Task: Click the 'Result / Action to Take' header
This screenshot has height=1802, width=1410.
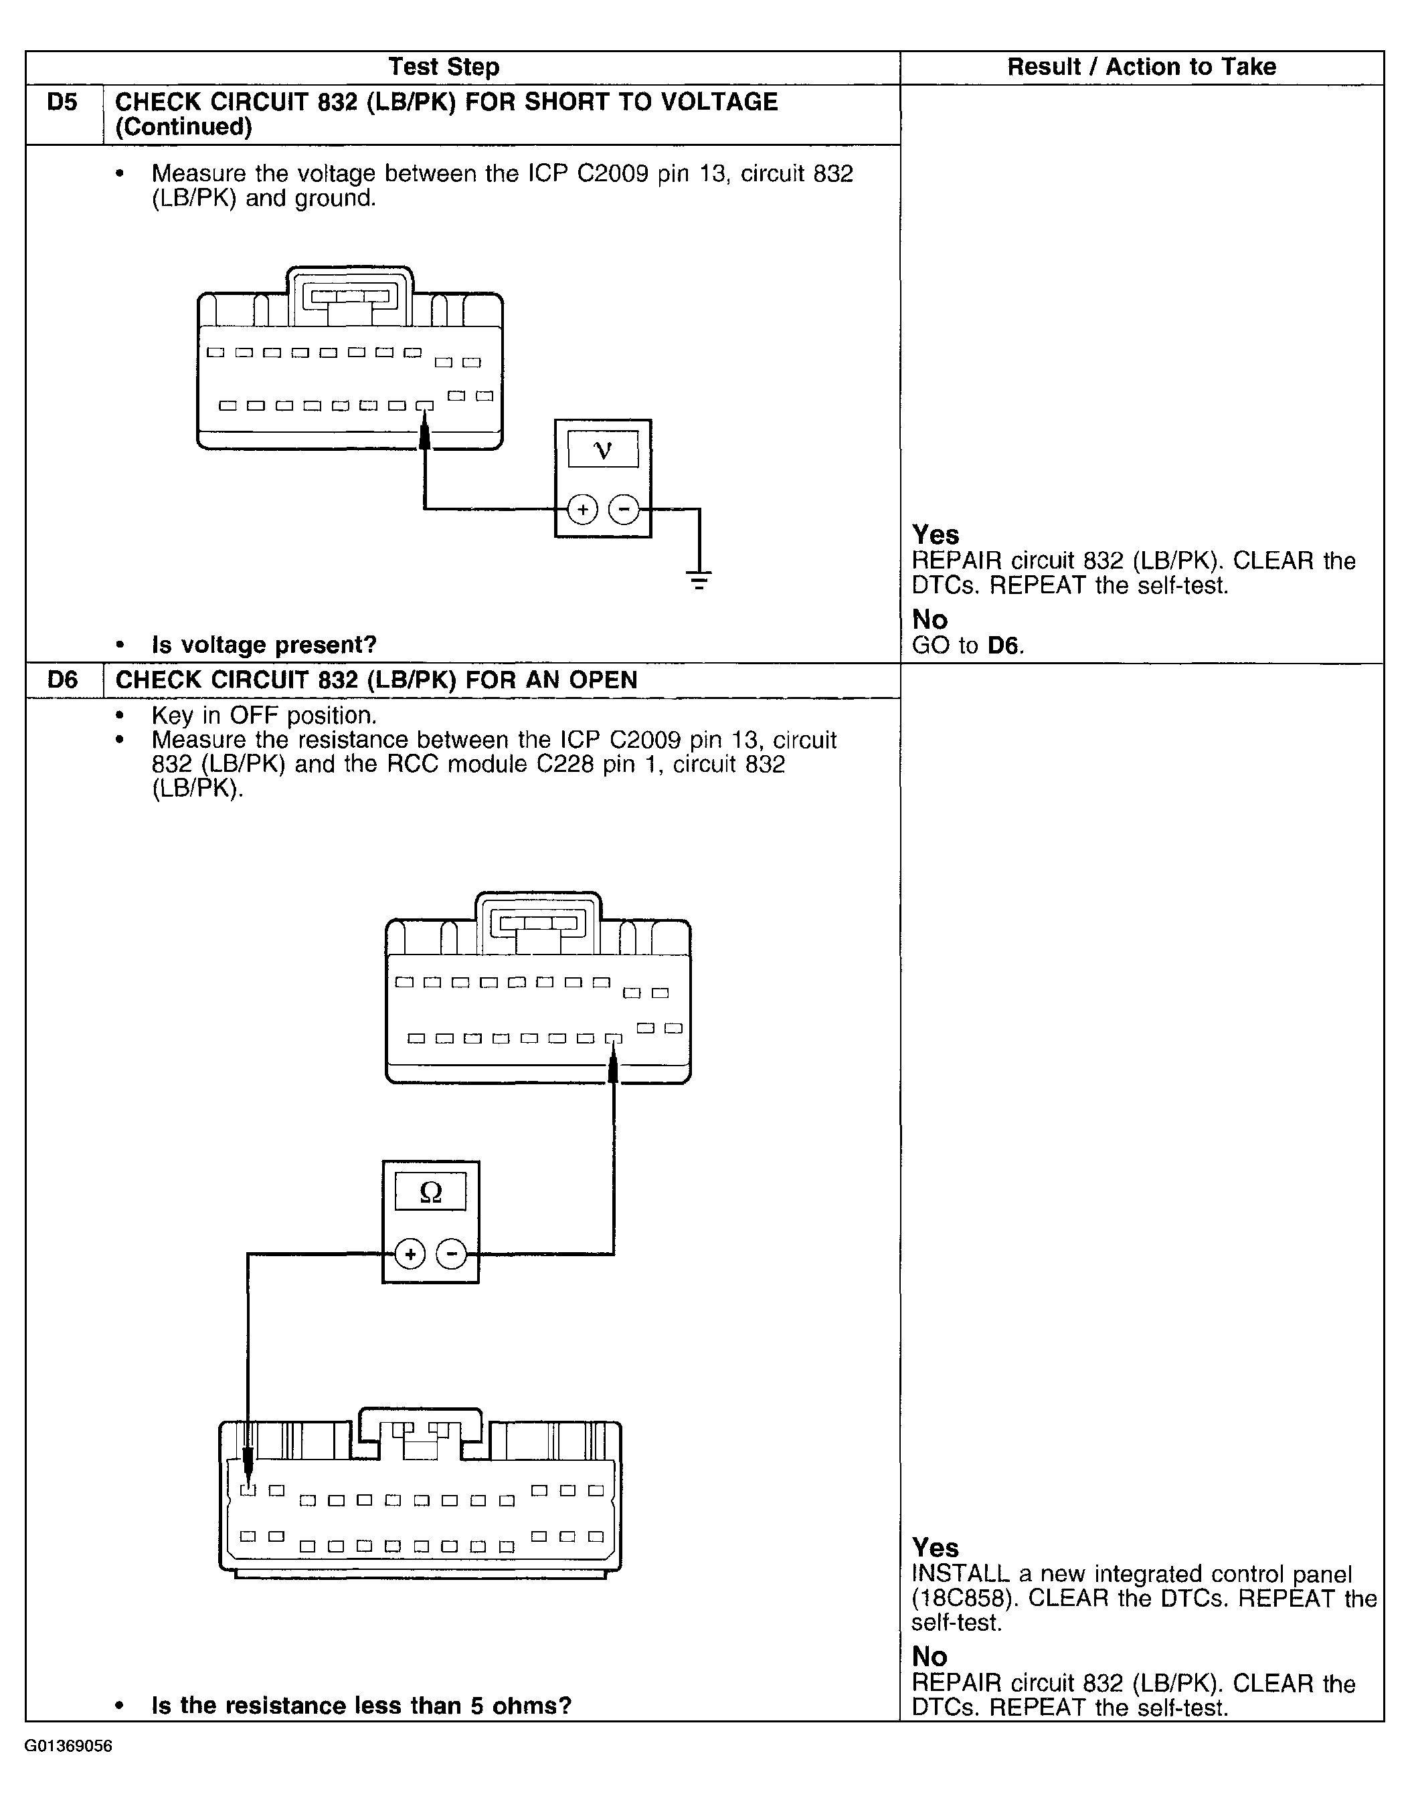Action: [x=1141, y=67]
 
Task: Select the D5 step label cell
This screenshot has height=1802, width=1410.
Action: [x=63, y=102]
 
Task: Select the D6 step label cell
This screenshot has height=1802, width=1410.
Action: [x=63, y=680]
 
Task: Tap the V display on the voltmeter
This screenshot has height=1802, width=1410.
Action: [x=603, y=449]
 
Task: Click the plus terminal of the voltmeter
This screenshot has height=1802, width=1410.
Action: [x=583, y=509]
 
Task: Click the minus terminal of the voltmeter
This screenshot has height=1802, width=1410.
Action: [x=623, y=509]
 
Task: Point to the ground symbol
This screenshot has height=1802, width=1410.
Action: [x=699, y=579]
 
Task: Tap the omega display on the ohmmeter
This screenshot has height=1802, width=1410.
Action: [x=430, y=1191]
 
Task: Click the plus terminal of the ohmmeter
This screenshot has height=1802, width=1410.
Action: [x=410, y=1254]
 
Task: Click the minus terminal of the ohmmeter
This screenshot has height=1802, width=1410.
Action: [x=451, y=1254]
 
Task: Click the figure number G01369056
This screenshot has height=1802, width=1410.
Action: [x=68, y=1746]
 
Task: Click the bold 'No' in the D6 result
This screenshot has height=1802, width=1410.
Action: [x=930, y=1656]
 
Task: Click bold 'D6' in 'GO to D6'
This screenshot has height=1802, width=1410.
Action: [x=1003, y=645]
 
